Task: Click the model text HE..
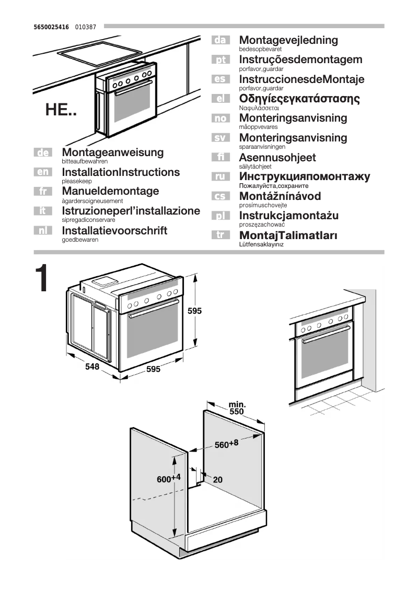61,110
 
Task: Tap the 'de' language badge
42,152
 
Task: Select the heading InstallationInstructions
121,172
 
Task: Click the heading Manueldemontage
110,192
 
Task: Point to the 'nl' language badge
42,230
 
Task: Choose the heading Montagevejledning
288,40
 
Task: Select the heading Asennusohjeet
277,158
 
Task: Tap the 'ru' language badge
220,177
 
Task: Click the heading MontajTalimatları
288,235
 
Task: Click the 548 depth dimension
92,367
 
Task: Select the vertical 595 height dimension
194,311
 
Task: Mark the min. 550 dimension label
237,408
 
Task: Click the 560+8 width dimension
226,444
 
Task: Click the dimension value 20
217,479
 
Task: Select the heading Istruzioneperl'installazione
131,211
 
